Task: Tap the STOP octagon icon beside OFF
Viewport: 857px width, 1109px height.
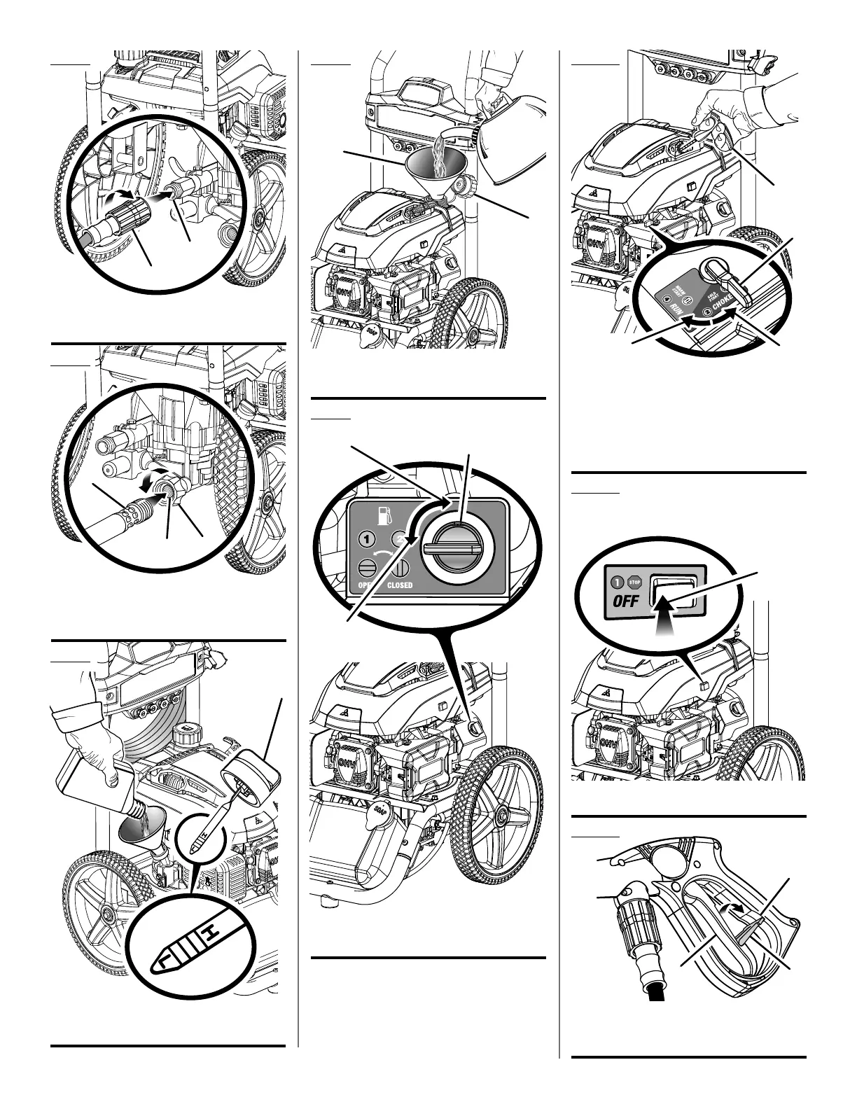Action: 634,581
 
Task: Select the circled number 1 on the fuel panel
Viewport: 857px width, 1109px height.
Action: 365,540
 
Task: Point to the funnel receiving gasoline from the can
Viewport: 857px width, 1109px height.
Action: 431,172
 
